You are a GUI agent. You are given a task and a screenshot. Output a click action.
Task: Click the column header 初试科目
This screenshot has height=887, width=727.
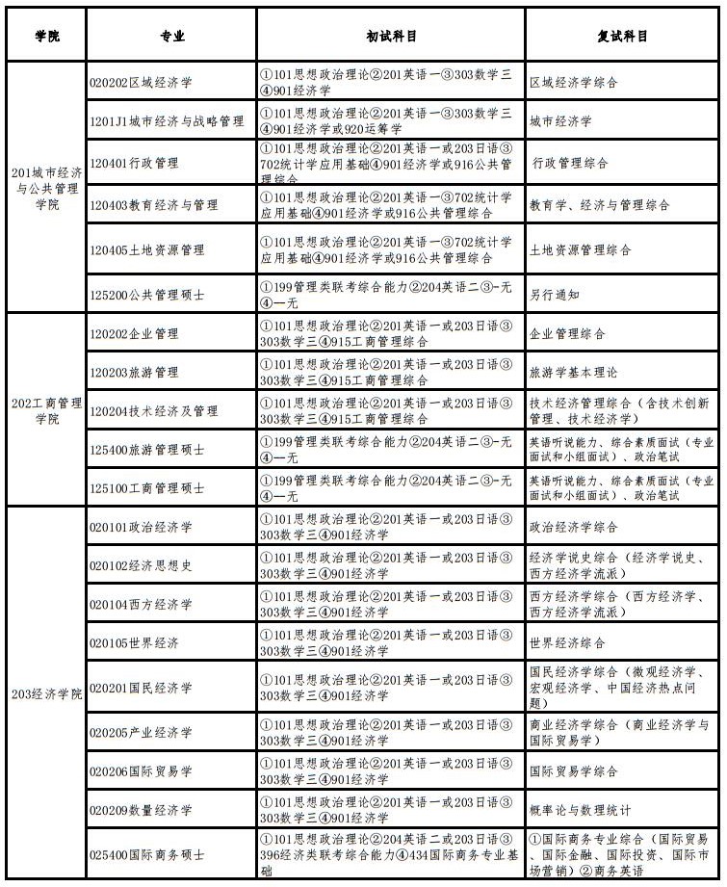(x=391, y=36)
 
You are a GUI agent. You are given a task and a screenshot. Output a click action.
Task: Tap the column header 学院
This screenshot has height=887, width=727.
(x=46, y=36)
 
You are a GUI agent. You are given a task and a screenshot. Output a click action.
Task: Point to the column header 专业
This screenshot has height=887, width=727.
(x=172, y=36)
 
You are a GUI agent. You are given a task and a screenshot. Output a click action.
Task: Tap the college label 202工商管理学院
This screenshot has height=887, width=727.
(x=46, y=410)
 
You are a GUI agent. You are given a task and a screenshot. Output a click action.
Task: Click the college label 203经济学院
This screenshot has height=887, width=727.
(x=46, y=693)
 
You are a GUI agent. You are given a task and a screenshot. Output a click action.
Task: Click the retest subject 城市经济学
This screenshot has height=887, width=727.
(x=560, y=122)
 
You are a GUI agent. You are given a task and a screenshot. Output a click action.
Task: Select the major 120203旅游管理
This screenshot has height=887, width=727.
(x=134, y=373)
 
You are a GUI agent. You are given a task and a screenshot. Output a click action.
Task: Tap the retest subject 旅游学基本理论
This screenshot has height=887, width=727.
(x=574, y=373)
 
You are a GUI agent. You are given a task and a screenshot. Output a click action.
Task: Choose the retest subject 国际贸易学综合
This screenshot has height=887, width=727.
(x=574, y=771)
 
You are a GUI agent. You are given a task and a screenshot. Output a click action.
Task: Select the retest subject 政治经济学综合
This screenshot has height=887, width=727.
(x=574, y=528)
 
